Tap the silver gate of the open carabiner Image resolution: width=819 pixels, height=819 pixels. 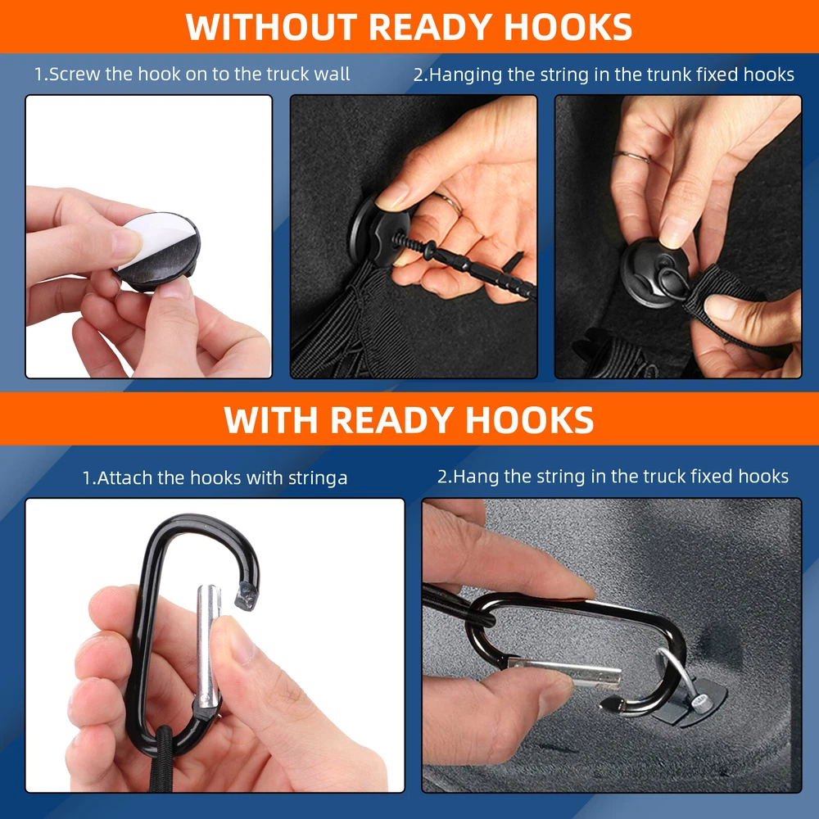point(207,646)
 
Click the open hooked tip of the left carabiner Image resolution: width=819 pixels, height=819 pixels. point(246,596)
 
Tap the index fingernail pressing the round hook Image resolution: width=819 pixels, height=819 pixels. point(390,197)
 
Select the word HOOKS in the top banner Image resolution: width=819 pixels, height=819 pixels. point(568,27)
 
